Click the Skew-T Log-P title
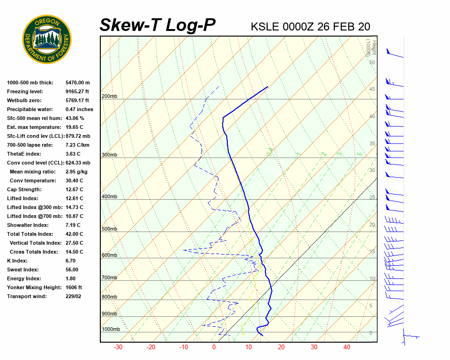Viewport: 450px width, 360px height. pyautogui.click(x=157, y=25)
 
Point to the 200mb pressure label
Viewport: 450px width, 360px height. pyautogui.click(x=109, y=97)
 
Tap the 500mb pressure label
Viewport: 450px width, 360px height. pyautogui.click(x=109, y=229)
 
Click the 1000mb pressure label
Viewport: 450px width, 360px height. pyautogui.click(x=111, y=330)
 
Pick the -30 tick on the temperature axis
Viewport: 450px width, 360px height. pyautogui.click(x=118, y=347)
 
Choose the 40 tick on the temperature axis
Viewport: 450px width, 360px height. pyautogui.click(x=347, y=347)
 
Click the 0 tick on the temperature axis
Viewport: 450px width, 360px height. pyautogui.click(x=214, y=347)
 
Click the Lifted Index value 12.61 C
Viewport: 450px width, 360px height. pyautogui.click(x=74, y=198)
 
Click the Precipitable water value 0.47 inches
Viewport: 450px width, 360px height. pyautogui.click(x=79, y=109)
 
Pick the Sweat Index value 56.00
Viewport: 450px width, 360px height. pyautogui.click(x=72, y=270)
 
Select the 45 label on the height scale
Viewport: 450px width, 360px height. pyautogui.click(x=372, y=90)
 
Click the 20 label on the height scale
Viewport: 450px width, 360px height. pyautogui.click(x=372, y=225)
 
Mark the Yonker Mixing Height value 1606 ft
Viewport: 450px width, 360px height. pyautogui.click(x=74, y=287)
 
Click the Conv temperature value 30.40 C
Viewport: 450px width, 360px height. pyautogui.click(x=74, y=180)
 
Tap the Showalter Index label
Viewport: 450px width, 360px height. pyautogui.click(x=28, y=225)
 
